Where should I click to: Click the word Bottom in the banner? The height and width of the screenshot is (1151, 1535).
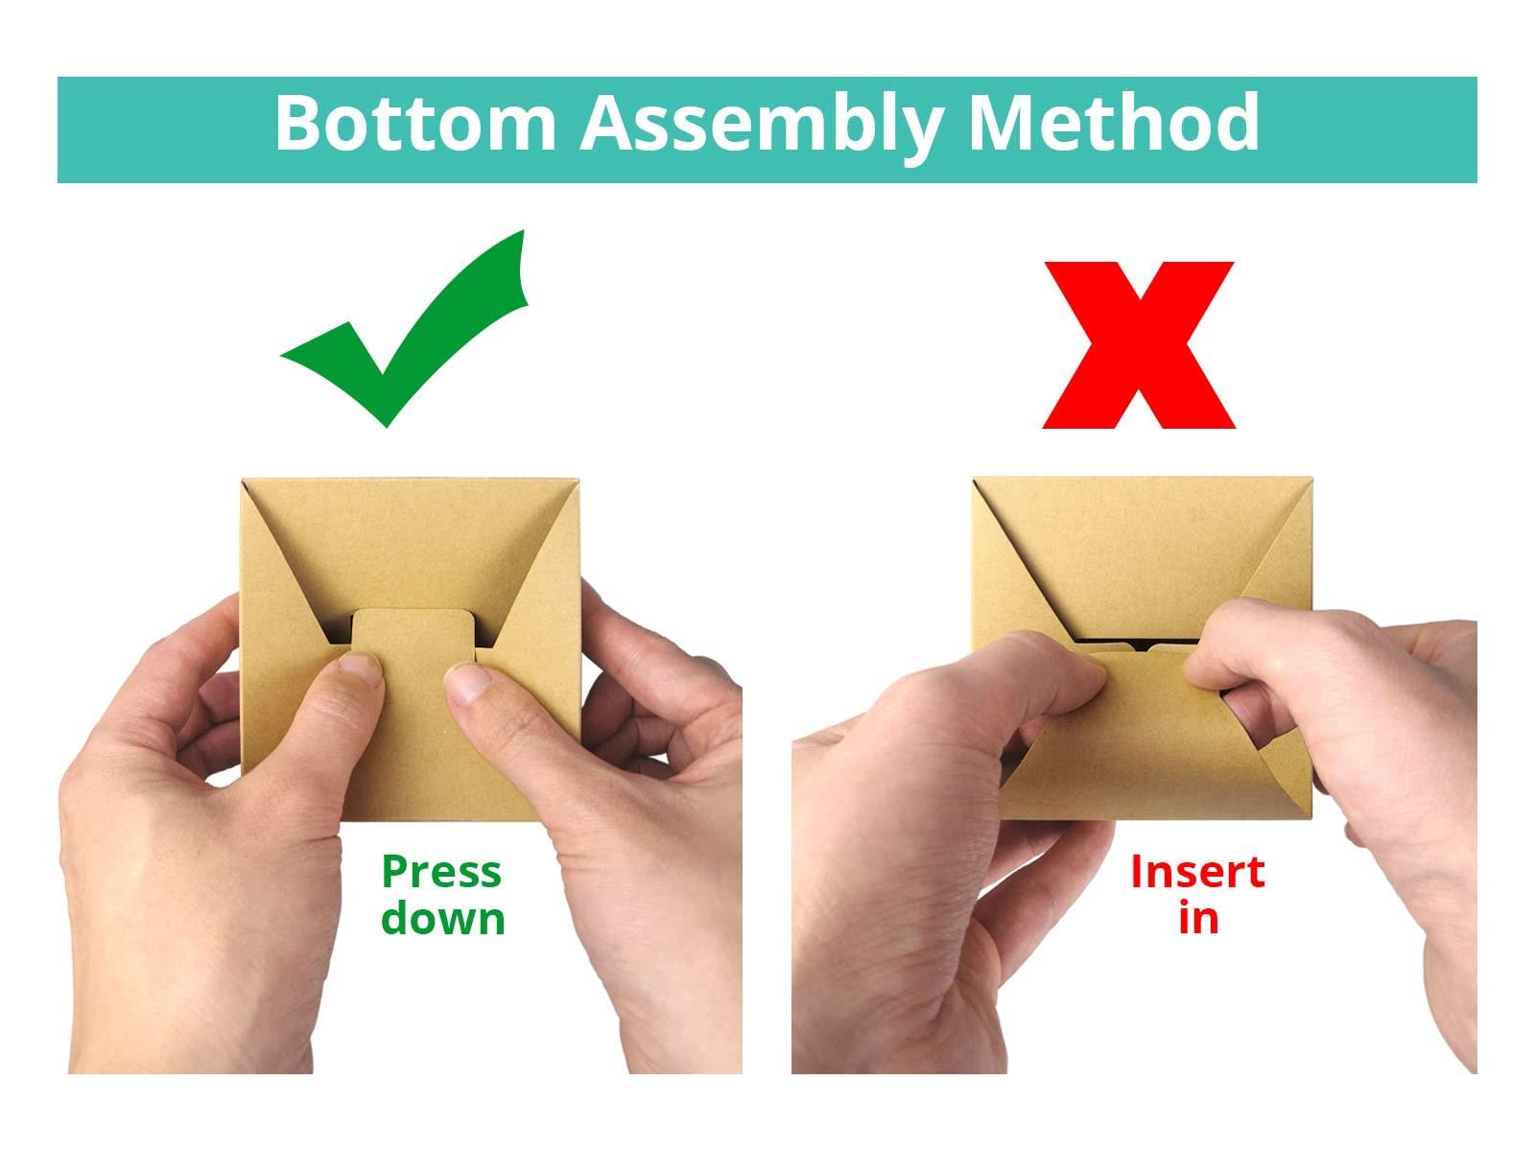pos(415,123)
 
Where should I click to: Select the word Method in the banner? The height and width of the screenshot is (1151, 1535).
pos(1114,123)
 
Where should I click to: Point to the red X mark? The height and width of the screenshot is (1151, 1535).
pos(1139,345)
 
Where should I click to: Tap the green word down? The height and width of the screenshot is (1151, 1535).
pos(442,918)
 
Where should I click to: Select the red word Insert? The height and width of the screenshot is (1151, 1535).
pos(1197,872)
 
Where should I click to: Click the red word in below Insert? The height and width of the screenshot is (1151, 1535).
pos(1198,918)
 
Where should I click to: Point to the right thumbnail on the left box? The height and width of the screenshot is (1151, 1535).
pos(467,681)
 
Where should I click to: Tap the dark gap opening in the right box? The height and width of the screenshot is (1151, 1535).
pos(1140,641)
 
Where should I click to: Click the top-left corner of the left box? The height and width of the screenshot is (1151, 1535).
pos(243,480)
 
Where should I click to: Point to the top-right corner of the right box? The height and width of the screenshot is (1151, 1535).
pos(1311,478)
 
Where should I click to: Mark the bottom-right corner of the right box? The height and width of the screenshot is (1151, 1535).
pos(1311,817)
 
